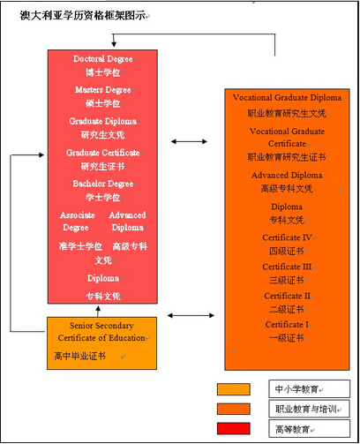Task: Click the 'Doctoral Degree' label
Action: pyautogui.click(x=103, y=59)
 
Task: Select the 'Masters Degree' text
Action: pyautogui.click(x=103, y=89)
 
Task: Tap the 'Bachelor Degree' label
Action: pyautogui.click(x=103, y=184)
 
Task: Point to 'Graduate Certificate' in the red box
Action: pyautogui.click(x=103, y=153)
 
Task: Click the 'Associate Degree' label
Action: pyautogui.click(x=77, y=222)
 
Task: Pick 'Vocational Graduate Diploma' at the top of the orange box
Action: pyautogui.click(x=287, y=97)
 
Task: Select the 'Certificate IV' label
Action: pyautogui.click(x=287, y=237)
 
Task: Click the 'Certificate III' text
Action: pyautogui.click(x=287, y=267)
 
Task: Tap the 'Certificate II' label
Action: pyautogui.click(x=287, y=296)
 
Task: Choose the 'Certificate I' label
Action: pyautogui.click(x=287, y=324)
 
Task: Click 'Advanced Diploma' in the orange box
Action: pyautogui.click(x=287, y=175)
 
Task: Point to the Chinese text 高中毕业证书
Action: pyautogui.click(x=79, y=356)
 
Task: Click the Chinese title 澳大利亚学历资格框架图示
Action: pyautogui.click(x=83, y=15)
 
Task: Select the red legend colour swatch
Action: pyautogui.click(x=234, y=428)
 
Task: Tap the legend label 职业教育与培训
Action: pyautogui.click(x=306, y=409)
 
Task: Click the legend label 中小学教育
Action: pyautogui.click(x=296, y=389)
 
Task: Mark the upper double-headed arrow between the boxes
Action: pyautogui.click(x=189, y=141)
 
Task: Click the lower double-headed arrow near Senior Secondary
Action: pyautogui.click(x=191, y=315)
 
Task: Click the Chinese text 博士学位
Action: pyautogui.click(x=103, y=72)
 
